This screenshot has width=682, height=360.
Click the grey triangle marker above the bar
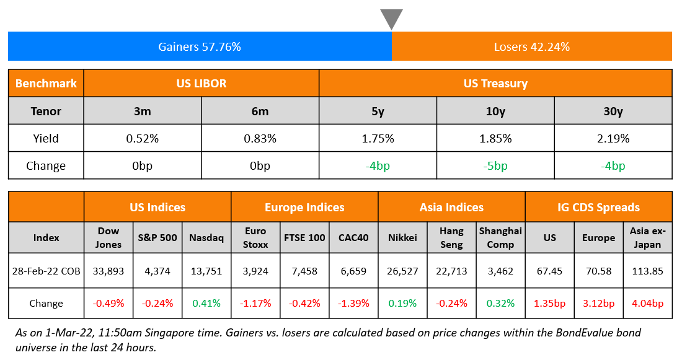pos(391,18)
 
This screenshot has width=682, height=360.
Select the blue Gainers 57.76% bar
pos(200,46)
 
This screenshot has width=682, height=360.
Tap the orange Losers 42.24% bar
pos(531,46)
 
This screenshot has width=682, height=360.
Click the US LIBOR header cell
pos(201,83)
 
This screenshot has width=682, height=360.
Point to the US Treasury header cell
pos(495,83)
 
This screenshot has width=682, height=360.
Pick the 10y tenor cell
pos(495,111)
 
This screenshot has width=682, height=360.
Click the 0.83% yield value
pos(260,138)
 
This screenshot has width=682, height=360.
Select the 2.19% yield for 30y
pos(613,138)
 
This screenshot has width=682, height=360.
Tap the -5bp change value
pos(495,165)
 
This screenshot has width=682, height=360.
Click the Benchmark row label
pos(46,83)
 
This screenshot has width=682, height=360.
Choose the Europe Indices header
pos(304,207)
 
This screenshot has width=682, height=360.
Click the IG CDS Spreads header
pos(598,207)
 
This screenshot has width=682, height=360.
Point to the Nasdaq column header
pos(206,237)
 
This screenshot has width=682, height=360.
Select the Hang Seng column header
pos(451,237)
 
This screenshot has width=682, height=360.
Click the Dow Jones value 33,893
pos(108,270)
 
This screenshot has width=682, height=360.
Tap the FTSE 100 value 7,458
pos(304,270)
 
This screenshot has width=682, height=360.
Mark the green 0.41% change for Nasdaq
pos(206,303)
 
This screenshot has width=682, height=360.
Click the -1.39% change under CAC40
pos(353,303)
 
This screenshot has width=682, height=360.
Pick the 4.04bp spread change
pos(648,303)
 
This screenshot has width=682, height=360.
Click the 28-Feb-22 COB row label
pos(46,270)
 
